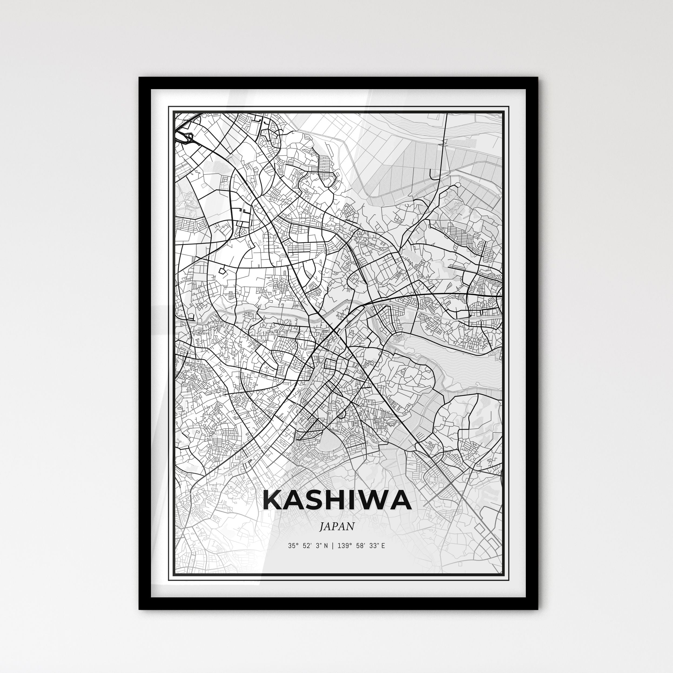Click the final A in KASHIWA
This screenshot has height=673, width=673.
point(401,500)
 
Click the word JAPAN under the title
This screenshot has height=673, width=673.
point(337,526)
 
